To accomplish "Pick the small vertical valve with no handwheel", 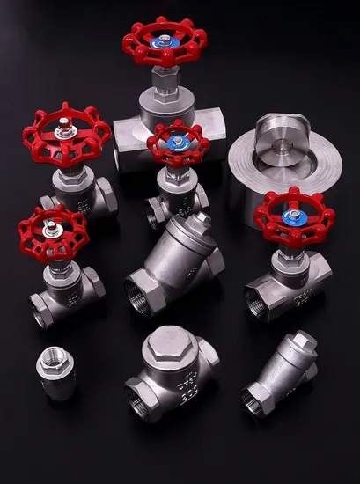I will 55,373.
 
